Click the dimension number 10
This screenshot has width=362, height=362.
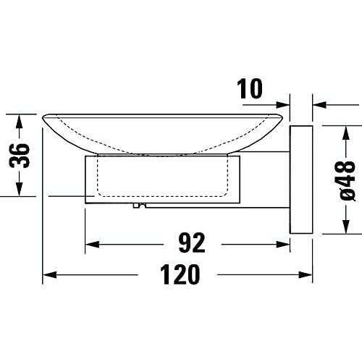click(x=250, y=88)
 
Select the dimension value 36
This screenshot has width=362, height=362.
click(x=20, y=156)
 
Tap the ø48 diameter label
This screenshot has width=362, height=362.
click(x=347, y=180)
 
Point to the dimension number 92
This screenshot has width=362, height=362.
click(x=192, y=243)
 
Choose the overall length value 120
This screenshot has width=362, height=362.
click(x=180, y=274)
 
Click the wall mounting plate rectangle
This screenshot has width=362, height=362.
click(x=301, y=180)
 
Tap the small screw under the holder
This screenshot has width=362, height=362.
click(x=140, y=206)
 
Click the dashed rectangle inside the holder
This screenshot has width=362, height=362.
click(x=162, y=175)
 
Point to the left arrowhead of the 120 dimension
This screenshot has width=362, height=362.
click(x=49, y=274)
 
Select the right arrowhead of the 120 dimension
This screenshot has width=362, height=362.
click(x=306, y=274)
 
